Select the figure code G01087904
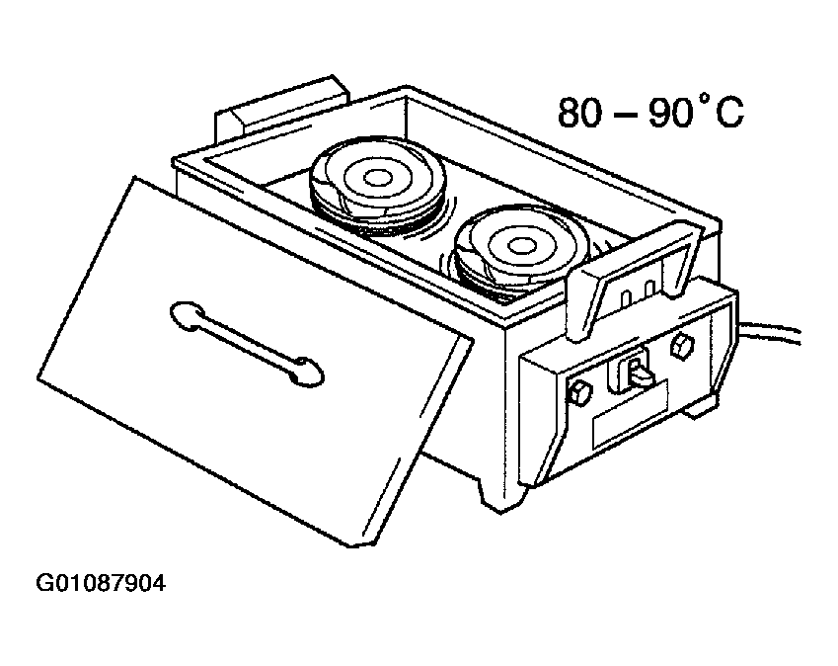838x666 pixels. (101, 584)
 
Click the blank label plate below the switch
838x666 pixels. (631, 413)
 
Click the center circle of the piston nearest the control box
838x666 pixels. (517, 245)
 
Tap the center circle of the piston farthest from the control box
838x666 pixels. (377, 177)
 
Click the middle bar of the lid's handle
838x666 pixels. (246, 342)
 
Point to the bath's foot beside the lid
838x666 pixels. (499, 495)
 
